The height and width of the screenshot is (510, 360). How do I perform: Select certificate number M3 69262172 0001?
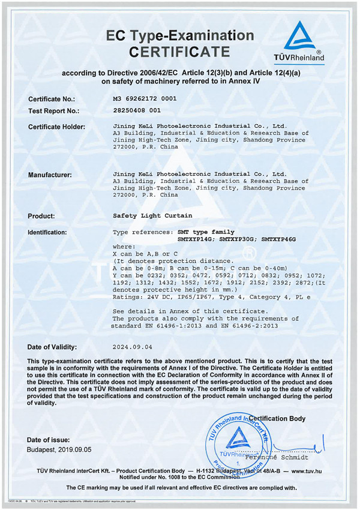click(x=145, y=98)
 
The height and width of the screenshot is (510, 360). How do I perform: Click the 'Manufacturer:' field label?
click(x=50, y=175)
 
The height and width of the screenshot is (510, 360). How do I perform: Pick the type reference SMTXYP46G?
click(x=279, y=239)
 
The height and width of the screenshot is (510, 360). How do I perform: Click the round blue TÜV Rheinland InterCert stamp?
click(x=233, y=442)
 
